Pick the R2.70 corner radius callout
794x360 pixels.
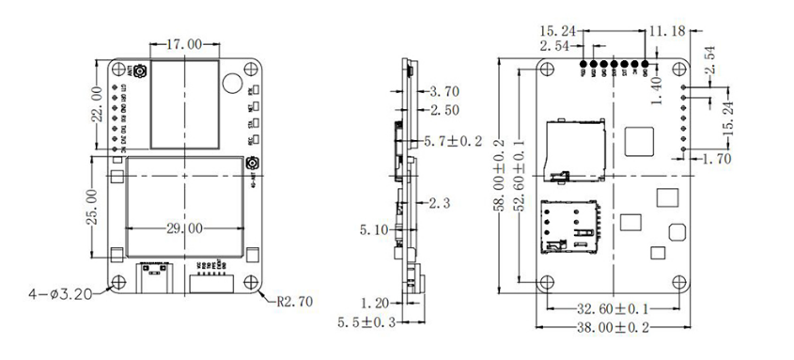tap(298, 304)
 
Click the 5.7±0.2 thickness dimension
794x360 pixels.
tap(454, 141)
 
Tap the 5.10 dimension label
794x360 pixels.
tap(375, 227)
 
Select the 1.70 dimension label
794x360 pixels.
tap(718, 161)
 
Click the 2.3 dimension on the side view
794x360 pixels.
tap(439, 202)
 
